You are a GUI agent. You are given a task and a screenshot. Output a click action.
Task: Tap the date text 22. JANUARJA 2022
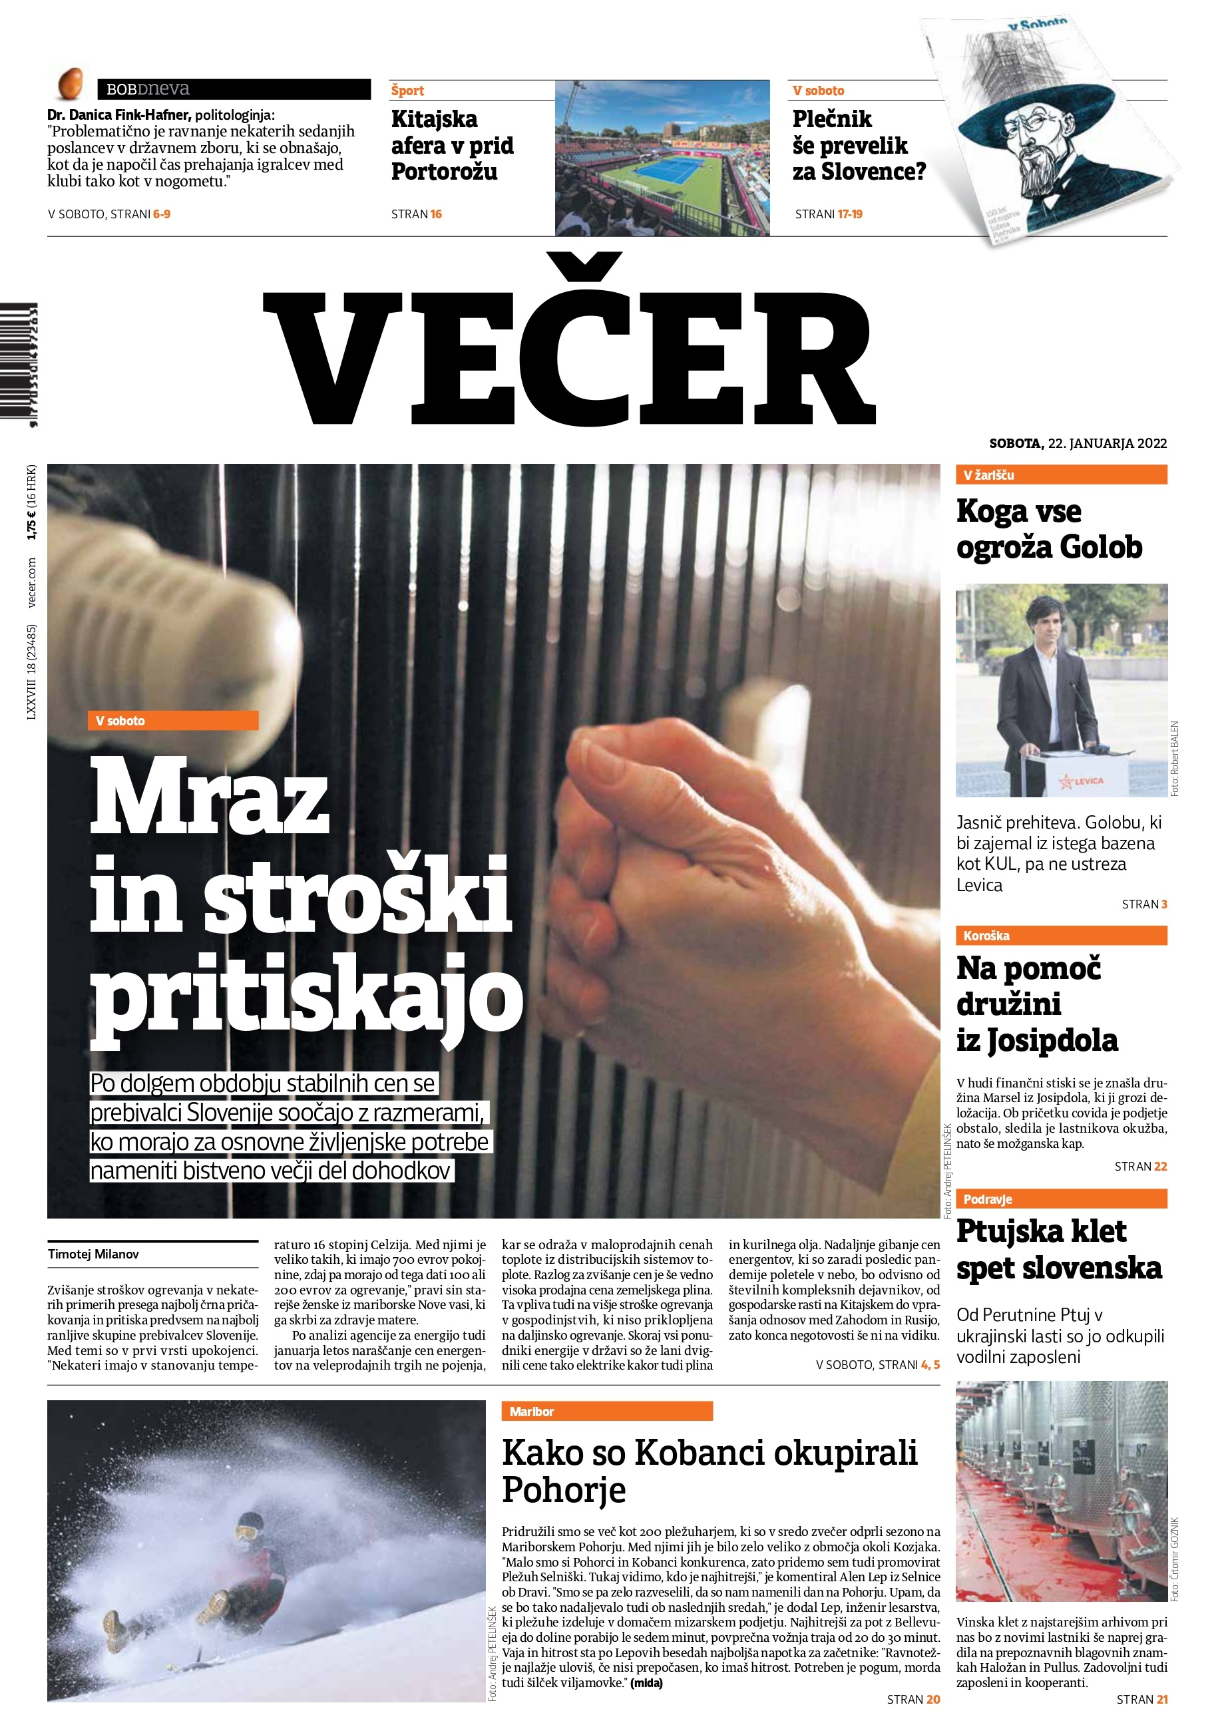click(1107, 443)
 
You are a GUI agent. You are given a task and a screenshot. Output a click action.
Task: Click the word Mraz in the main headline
click(210, 797)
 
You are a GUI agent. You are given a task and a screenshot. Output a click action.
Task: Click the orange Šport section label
click(408, 91)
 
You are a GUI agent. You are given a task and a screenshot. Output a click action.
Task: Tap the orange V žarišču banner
click(1061, 475)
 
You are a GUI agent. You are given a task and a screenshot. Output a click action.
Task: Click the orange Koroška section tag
click(1061, 935)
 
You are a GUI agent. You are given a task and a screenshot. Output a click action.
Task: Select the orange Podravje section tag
click(1061, 1199)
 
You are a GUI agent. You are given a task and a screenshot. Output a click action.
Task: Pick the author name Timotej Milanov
click(93, 1254)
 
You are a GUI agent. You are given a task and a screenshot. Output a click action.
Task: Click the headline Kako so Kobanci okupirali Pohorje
click(709, 1470)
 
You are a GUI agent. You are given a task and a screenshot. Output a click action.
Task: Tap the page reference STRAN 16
click(416, 214)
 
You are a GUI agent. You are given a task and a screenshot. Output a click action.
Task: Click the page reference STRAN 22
click(1140, 1166)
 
